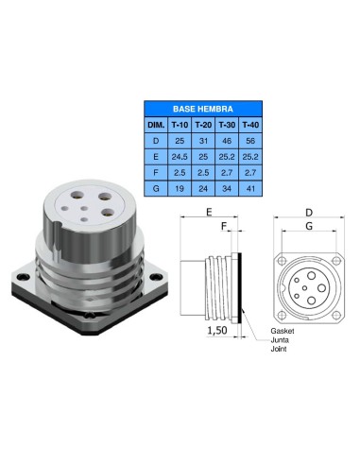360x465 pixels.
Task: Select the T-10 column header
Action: click(180, 123)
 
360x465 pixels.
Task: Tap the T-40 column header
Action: click(249, 123)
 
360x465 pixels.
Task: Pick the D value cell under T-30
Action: click(226, 139)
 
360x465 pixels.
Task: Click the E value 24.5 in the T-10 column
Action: click(180, 156)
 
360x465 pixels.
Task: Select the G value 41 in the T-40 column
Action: click(249, 189)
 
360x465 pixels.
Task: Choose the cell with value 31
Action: click(203, 139)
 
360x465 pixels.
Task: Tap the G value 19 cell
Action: click(180, 189)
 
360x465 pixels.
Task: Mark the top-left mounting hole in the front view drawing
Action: click(282, 257)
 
